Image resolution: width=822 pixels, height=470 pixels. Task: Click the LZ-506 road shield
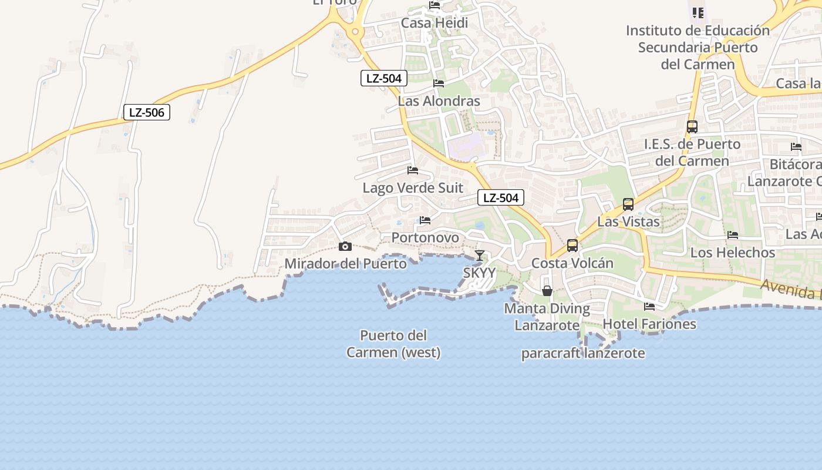(x=147, y=112)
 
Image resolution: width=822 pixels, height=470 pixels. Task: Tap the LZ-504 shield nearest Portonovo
(x=500, y=198)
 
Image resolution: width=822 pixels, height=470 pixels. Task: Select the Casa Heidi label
(x=434, y=23)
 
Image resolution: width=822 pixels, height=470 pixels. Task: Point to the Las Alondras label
(x=439, y=101)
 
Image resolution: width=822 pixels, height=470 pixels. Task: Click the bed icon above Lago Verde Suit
(x=413, y=170)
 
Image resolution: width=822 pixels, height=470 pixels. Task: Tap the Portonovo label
(x=425, y=237)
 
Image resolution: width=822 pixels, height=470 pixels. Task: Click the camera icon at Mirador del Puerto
(x=345, y=246)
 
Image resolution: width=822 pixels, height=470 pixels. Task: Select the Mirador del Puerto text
(x=345, y=264)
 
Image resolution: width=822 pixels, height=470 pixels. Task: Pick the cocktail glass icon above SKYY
(x=480, y=255)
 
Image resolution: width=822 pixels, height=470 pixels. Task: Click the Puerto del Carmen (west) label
(x=393, y=344)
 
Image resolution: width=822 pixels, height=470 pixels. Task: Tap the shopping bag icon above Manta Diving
(x=547, y=291)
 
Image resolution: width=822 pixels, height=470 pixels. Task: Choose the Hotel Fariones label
(x=649, y=324)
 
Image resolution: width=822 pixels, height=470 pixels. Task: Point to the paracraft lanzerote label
(x=583, y=353)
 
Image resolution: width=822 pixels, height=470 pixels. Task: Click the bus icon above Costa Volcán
(x=572, y=246)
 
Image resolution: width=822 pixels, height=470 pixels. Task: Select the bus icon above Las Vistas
(x=628, y=204)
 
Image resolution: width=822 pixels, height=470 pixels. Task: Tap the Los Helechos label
(x=733, y=253)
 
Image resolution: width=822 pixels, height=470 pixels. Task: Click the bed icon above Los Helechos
(x=733, y=235)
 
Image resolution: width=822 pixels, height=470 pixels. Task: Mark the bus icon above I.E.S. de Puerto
(x=692, y=126)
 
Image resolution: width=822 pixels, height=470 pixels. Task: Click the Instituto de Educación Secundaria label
(x=698, y=47)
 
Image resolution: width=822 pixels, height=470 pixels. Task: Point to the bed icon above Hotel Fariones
(x=649, y=307)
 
